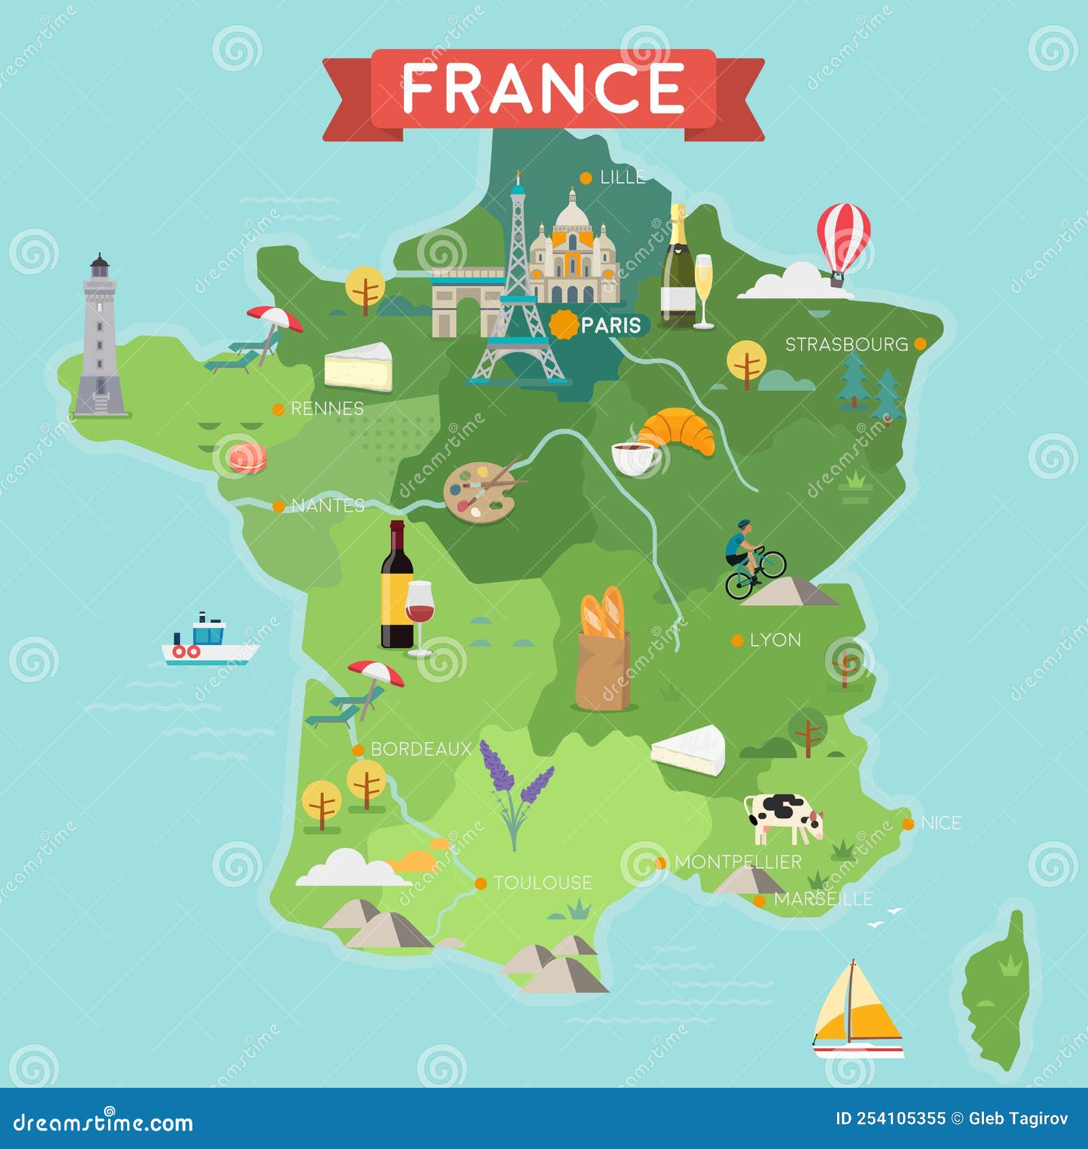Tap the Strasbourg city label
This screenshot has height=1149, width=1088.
click(846, 345)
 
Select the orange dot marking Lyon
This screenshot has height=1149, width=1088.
click(736, 640)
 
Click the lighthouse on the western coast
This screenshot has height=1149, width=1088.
click(100, 337)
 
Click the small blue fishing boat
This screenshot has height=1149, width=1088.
click(207, 641)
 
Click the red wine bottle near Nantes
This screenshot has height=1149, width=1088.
click(396, 585)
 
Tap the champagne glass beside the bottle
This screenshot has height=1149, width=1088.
click(703, 289)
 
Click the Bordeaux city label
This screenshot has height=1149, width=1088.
click(420, 749)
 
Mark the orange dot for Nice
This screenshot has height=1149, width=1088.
click(908, 824)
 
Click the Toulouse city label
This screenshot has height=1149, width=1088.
click(542, 883)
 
